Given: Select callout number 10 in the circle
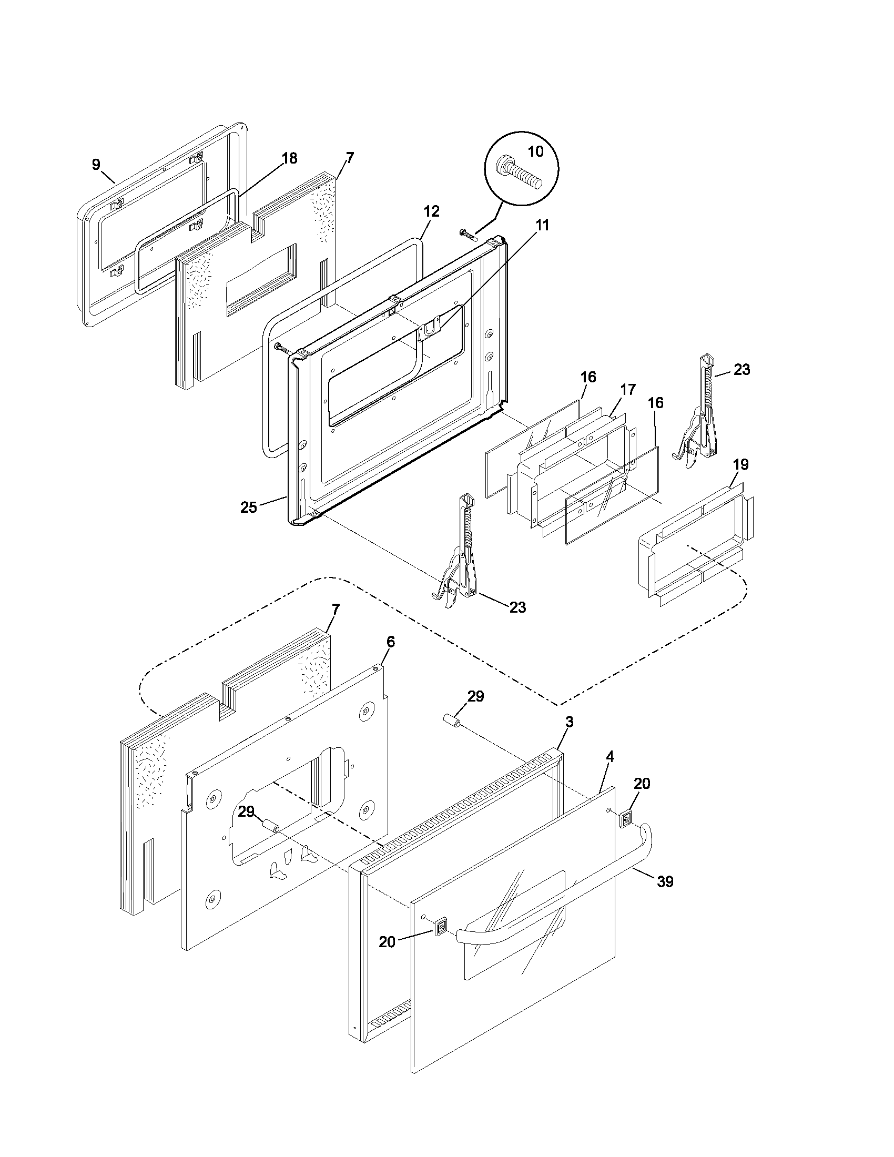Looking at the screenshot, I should pos(535,151).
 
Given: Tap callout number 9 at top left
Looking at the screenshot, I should pos(96,164).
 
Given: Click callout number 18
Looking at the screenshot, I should pos(289,158).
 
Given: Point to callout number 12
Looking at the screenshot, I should pos(431,211).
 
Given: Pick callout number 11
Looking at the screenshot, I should pos(542,225).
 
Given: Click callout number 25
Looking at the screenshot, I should pos(248,507).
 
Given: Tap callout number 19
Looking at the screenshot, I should pos(740,464).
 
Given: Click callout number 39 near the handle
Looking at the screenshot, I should pos(665,881).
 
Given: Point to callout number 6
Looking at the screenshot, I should pos(390,642).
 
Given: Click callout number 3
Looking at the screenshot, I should pos(569,722).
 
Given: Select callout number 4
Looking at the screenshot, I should pos(609,757).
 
